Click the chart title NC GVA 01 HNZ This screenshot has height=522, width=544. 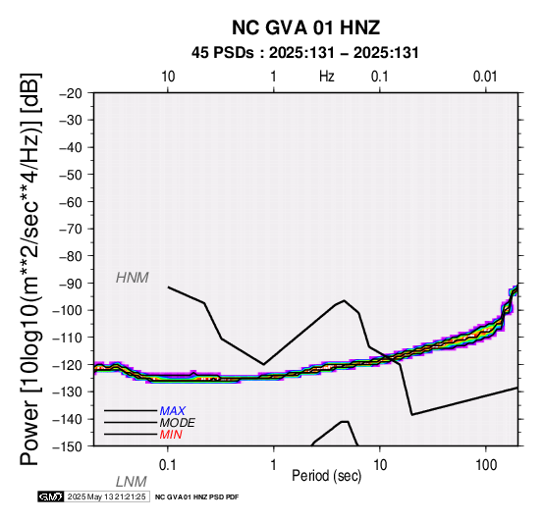pyautogui.click(x=306, y=27)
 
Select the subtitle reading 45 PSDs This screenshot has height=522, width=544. pyautogui.click(x=222, y=53)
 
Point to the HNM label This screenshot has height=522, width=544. pyautogui.click(x=133, y=278)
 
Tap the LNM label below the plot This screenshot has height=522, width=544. pyautogui.click(x=132, y=482)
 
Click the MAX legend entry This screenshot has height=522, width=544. pyautogui.click(x=173, y=411)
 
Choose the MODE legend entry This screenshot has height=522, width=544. pyautogui.click(x=178, y=423)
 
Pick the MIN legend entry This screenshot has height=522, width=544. pyautogui.click(x=171, y=435)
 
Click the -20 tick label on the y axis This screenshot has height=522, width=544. pyautogui.click(x=71, y=93)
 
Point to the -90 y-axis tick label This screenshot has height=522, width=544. pyautogui.click(x=71, y=284)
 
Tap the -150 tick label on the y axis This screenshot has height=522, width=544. pyautogui.click(x=68, y=446)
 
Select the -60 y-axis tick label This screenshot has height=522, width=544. pyautogui.click(x=71, y=202)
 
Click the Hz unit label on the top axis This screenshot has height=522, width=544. pyautogui.click(x=327, y=77)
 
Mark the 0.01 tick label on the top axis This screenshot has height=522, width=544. pyautogui.click(x=485, y=77)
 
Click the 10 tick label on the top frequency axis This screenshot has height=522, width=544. pyautogui.click(x=168, y=77)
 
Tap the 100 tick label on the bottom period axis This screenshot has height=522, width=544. pyautogui.click(x=486, y=465)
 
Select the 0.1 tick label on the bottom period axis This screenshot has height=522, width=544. pyautogui.click(x=168, y=465)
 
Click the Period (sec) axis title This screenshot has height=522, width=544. pyautogui.click(x=327, y=476)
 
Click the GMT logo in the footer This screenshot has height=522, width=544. pyautogui.click(x=51, y=496)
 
